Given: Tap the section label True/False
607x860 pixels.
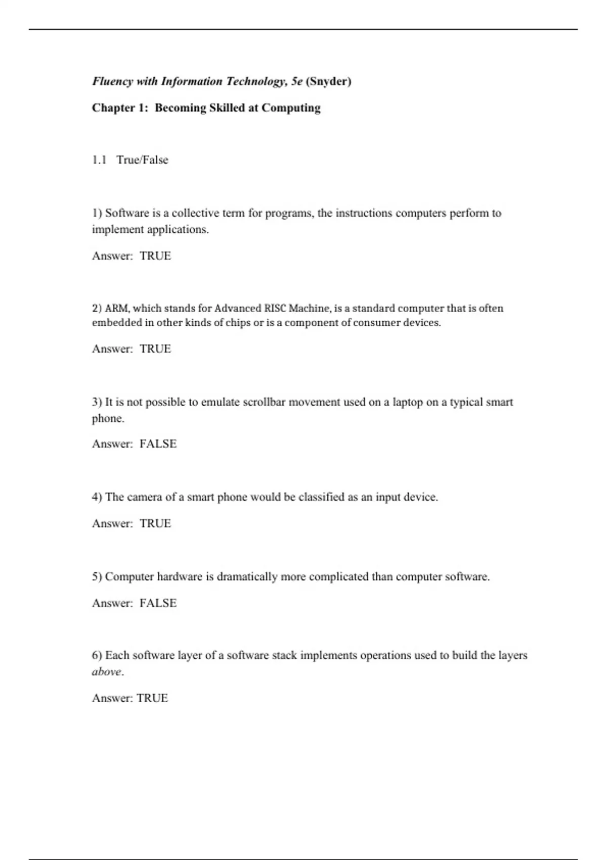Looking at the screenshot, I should tap(142, 160).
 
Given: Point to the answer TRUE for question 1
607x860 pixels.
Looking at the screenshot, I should tap(155, 256).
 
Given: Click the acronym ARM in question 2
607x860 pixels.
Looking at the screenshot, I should tap(117, 308).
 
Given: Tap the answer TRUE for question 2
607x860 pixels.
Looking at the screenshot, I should tap(155, 349).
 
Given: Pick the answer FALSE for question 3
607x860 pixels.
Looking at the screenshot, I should tap(158, 444).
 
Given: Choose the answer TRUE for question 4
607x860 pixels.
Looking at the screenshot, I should tap(155, 524).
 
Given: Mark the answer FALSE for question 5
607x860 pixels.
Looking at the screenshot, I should tap(158, 603).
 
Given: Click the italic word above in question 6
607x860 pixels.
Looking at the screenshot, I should tap(107, 672).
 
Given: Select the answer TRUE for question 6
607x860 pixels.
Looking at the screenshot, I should tap(152, 698).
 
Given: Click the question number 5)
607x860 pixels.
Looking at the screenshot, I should tap(97, 577).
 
